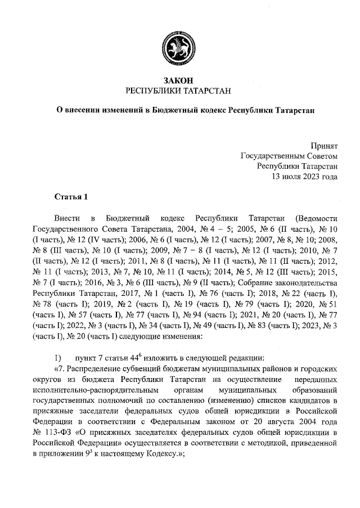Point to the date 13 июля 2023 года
[x=304, y=176]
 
